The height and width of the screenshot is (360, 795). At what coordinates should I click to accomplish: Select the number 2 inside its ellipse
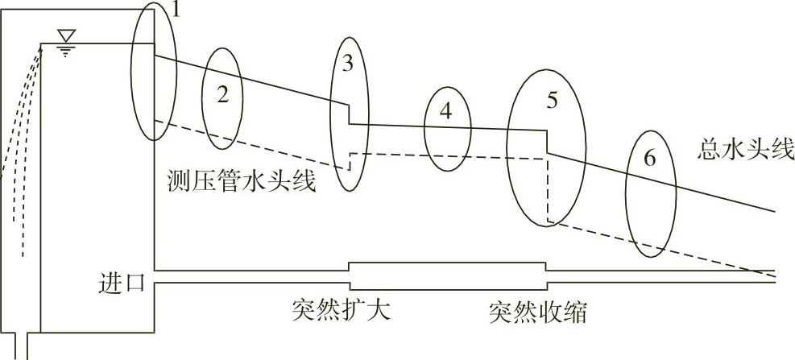[x=223, y=94]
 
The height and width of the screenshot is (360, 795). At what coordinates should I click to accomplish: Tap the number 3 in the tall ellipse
[x=347, y=65]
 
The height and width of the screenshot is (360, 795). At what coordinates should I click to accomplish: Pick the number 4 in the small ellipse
[x=445, y=112]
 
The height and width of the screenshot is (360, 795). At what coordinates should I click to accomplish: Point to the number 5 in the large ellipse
[x=552, y=101]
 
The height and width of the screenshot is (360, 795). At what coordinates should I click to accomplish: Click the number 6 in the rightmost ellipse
[x=649, y=159]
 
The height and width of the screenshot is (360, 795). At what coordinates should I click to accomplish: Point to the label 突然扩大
[x=342, y=310]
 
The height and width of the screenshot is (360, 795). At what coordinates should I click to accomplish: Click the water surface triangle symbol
[x=67, y=35]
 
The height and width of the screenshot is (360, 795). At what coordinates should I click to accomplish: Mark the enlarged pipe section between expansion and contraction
[x=447, y=275]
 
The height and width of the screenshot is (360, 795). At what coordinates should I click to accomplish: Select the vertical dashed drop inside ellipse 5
[x=547, y=189]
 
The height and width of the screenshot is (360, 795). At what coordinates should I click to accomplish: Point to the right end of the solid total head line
[x=773, y=211]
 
